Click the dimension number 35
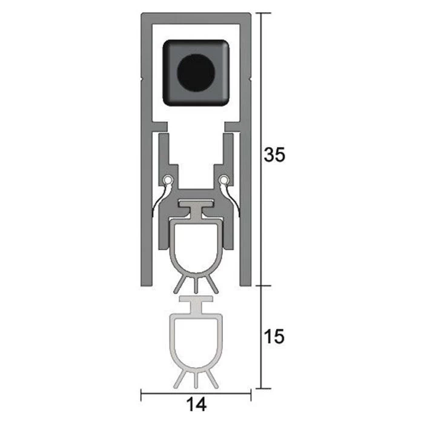point(274,154)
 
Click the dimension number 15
point(274,337)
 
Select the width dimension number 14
point(196,405)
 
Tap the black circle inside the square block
point(196,73)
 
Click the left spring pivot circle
point(168,179)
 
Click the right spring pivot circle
point(224,179)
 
